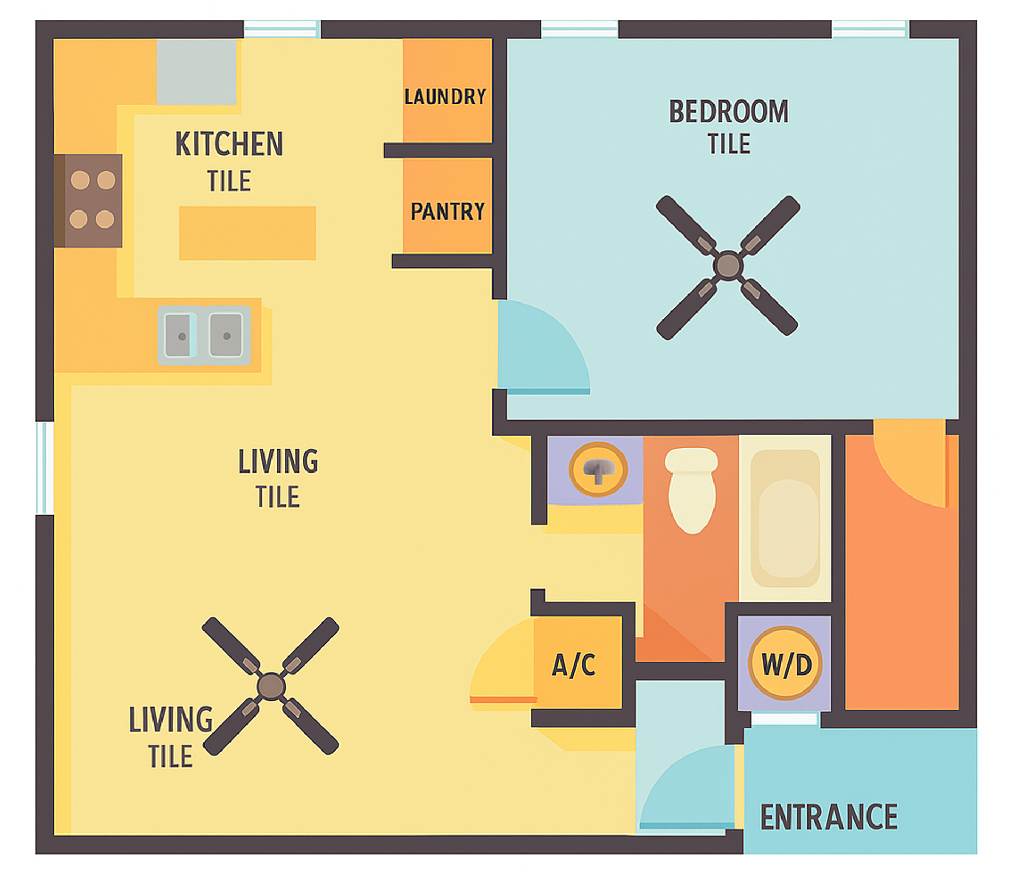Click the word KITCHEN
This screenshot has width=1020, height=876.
[229, 144]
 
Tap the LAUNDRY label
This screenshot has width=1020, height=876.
[445, 97]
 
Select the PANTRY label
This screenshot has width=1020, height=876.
[447, 212]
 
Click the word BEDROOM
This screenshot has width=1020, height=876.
[728, 112]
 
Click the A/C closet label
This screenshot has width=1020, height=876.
[574, 665]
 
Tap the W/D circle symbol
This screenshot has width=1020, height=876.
[785, 663]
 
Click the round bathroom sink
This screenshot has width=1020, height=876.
[598, 469]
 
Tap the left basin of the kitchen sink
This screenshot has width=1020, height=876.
[179, 335]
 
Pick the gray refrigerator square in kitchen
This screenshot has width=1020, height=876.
[196, 72]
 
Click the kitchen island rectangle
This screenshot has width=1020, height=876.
[247, 233]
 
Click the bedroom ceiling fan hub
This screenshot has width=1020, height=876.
[727, 266]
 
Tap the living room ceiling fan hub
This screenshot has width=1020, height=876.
[271, 686]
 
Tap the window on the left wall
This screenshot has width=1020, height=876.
[45, 468]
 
